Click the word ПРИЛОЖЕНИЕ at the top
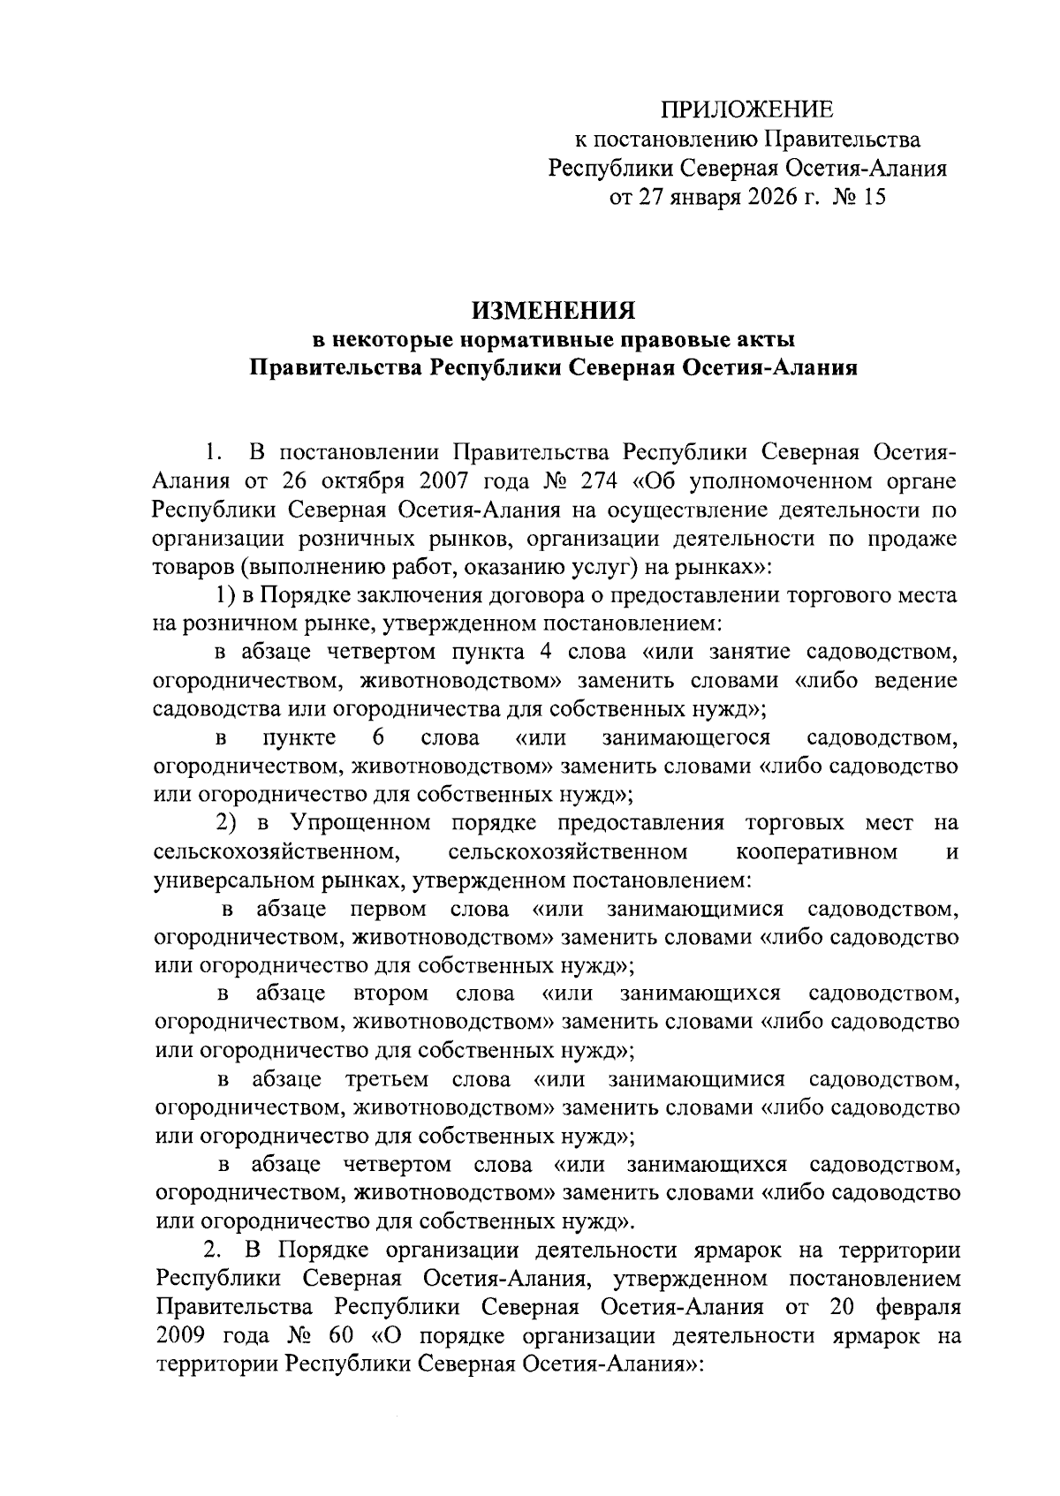point(747,110)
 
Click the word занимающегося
point(685,738)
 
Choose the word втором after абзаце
point(390,994)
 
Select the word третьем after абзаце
point(387,1080)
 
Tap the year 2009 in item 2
point(179,1336)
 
